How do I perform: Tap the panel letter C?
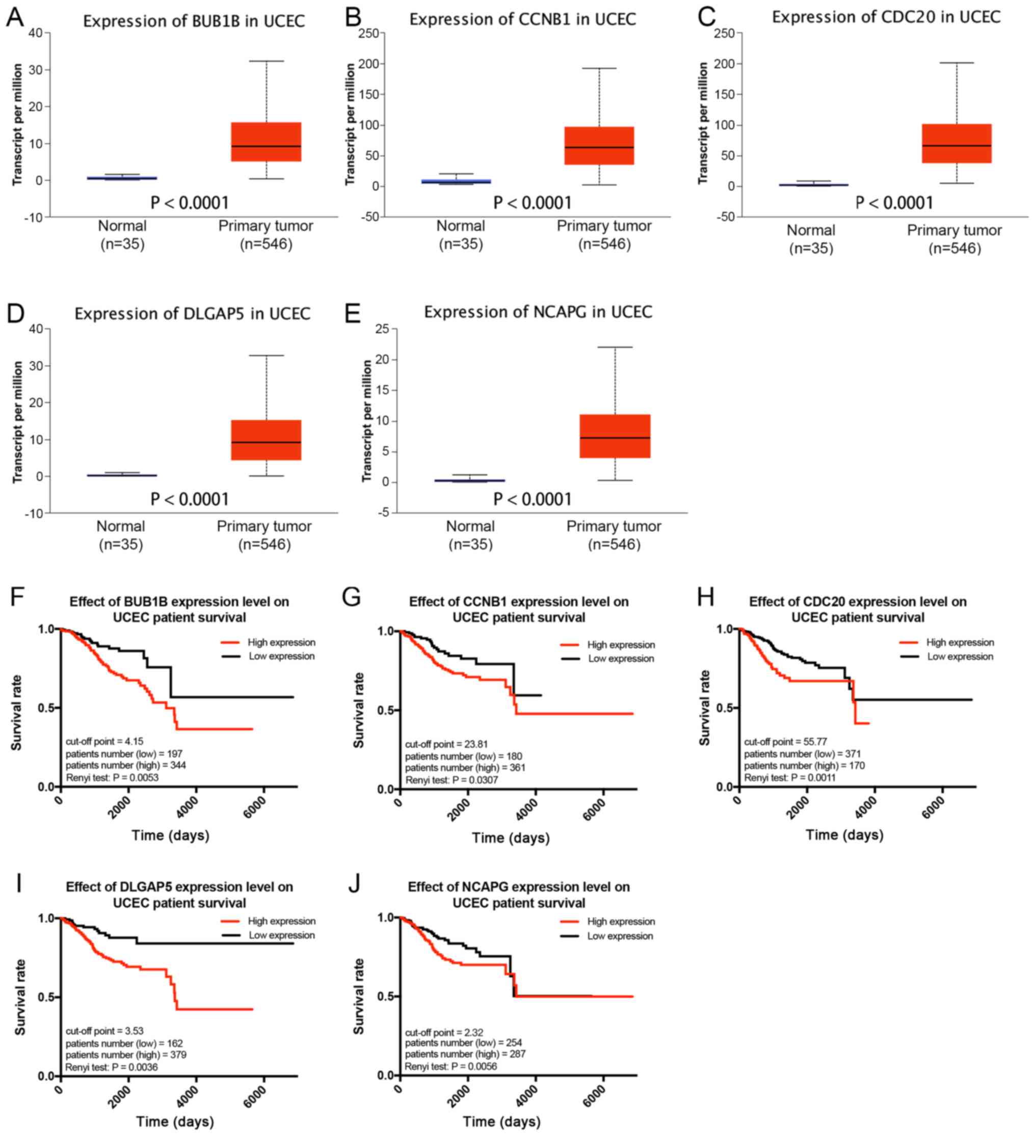(x=706, y=17)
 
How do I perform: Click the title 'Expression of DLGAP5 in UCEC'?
(x=192, y=313)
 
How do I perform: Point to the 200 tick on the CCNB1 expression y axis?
(x=370, y=64)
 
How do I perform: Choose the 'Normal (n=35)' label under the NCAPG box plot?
(x=470, y=535)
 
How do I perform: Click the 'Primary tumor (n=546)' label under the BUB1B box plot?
(x=266, y=234)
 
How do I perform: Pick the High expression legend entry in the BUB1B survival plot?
(x=269, y=642)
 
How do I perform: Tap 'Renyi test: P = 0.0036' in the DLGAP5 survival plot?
(x=112, y=1067)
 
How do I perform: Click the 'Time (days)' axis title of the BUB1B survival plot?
(x=170, y=834)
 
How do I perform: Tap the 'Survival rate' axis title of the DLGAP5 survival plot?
(x=20, y=996)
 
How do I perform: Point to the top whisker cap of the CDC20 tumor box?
(x=956, y=63)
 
